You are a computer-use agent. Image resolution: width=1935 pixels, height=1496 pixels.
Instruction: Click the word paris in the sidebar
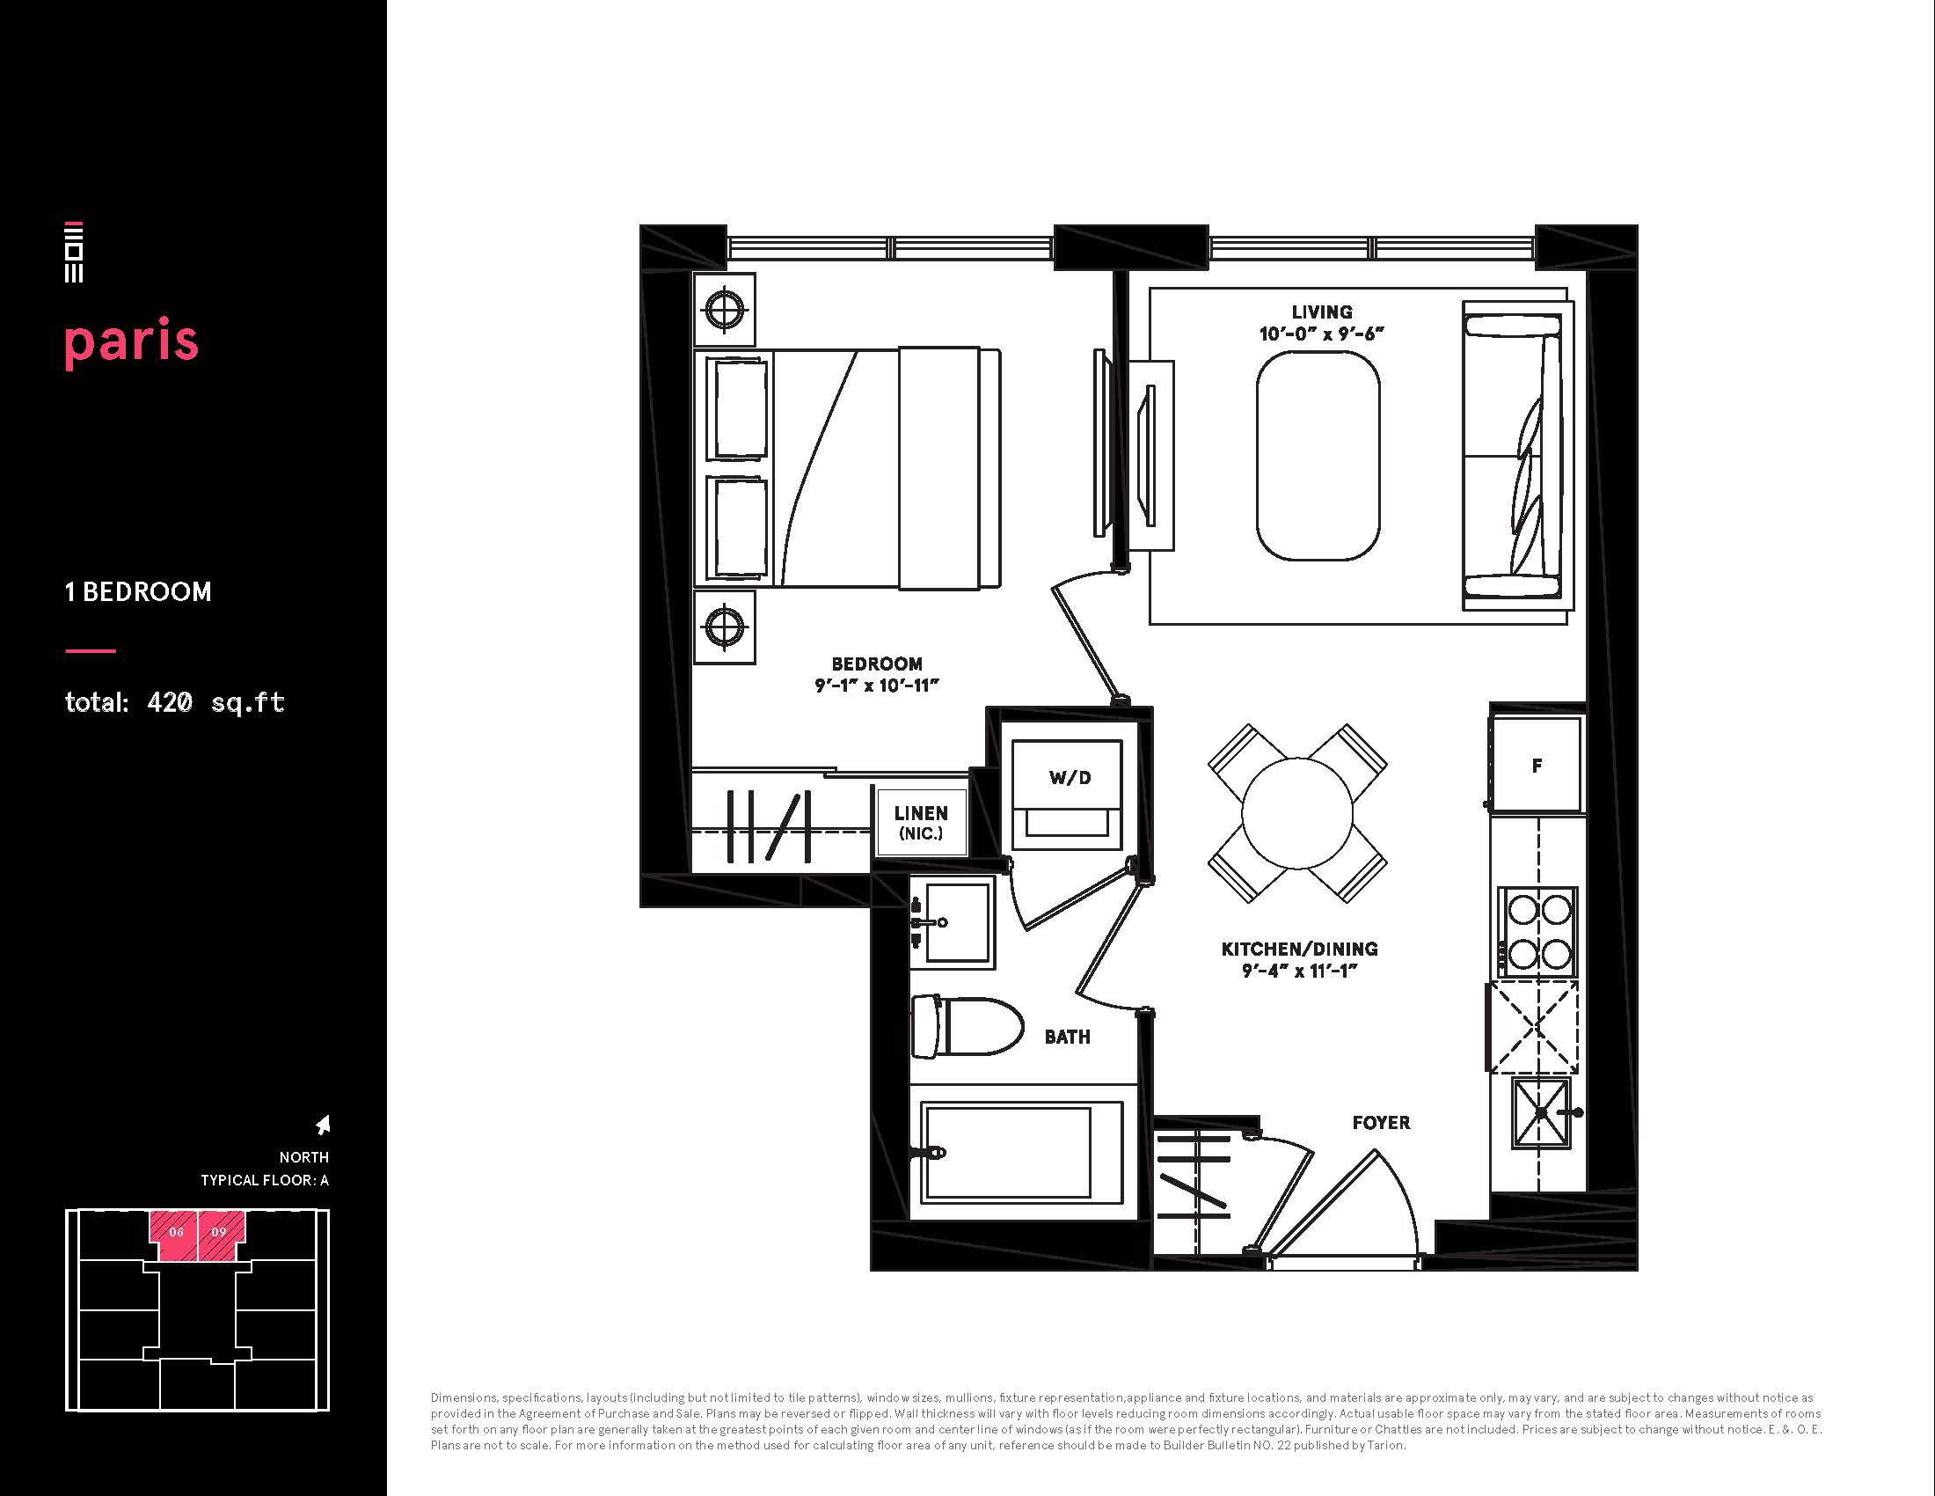point(131,343)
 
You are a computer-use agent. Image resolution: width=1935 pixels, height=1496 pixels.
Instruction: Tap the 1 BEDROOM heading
point(138,592)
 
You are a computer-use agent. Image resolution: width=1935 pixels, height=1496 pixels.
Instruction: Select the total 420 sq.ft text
point(174,703)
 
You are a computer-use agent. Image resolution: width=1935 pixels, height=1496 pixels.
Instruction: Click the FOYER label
point(1381,1123)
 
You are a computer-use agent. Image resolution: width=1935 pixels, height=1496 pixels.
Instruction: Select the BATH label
point(1067,1037)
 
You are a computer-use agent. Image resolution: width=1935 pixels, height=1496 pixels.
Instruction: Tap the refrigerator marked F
point(1537,765)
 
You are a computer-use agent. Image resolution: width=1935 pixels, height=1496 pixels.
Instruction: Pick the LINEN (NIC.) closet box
point(921,823)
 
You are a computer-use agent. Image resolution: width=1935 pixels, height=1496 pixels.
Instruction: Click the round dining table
point(1297,814)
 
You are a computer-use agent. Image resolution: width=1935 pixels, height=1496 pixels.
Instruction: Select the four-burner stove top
point(1537,931)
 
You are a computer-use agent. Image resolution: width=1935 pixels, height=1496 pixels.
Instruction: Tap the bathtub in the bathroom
point(1021,1150)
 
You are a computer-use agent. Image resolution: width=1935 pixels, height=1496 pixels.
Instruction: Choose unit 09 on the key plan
point(221,1235)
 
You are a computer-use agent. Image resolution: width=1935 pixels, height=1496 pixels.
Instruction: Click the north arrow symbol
point(324,1125)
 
